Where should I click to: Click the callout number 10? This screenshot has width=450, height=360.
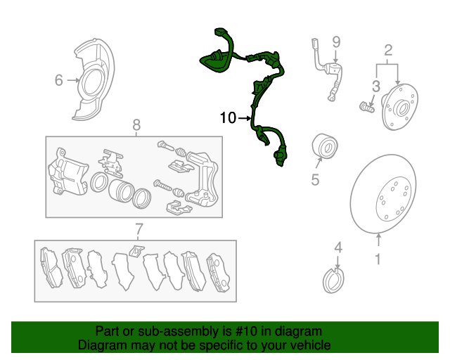click(228, 117)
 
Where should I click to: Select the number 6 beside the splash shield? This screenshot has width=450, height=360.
click(58, 80)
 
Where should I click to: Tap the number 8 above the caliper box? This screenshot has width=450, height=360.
click(136, 124)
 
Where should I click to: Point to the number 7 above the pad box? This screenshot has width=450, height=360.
click(139, 229)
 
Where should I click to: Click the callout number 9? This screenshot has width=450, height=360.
click(336, 42)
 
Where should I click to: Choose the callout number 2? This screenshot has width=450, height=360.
click(388, 50)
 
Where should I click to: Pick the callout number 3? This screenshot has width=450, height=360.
click(376, 86)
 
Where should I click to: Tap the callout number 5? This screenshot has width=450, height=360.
click(315, 180)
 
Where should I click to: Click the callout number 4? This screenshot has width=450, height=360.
click(338, 247)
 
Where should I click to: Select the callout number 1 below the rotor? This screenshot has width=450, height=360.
click(378, 259)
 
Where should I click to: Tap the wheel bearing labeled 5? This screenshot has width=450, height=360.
click(325, 146)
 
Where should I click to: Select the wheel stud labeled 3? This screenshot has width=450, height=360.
click(366, 107)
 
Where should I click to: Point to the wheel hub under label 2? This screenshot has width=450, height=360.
click(399, 106)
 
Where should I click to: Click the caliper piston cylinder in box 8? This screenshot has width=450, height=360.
click(120, 191)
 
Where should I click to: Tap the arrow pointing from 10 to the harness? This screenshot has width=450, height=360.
click(245, 118)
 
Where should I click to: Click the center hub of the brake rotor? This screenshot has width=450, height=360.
click(394, 199)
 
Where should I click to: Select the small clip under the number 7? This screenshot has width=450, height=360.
click(136, 250)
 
